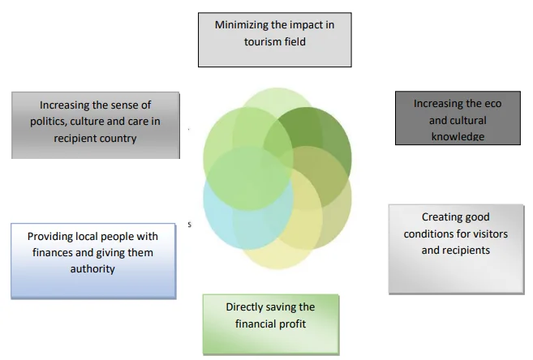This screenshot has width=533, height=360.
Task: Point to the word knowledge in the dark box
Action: click(458, 137)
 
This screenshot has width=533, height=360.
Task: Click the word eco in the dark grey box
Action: click(493, 104)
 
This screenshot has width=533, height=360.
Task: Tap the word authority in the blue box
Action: click(92, 269)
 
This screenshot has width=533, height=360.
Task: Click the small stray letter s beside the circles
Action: click(190, 225)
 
